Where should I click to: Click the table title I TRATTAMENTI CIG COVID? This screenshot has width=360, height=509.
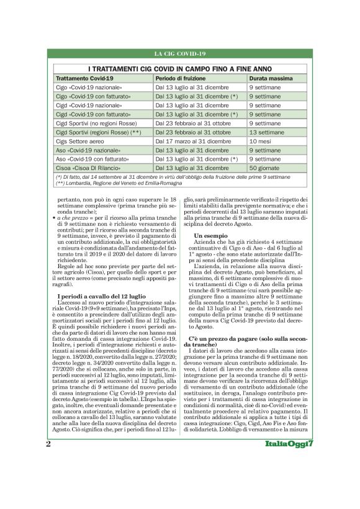point(179,69)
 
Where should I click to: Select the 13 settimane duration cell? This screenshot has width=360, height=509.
point(268,132)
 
